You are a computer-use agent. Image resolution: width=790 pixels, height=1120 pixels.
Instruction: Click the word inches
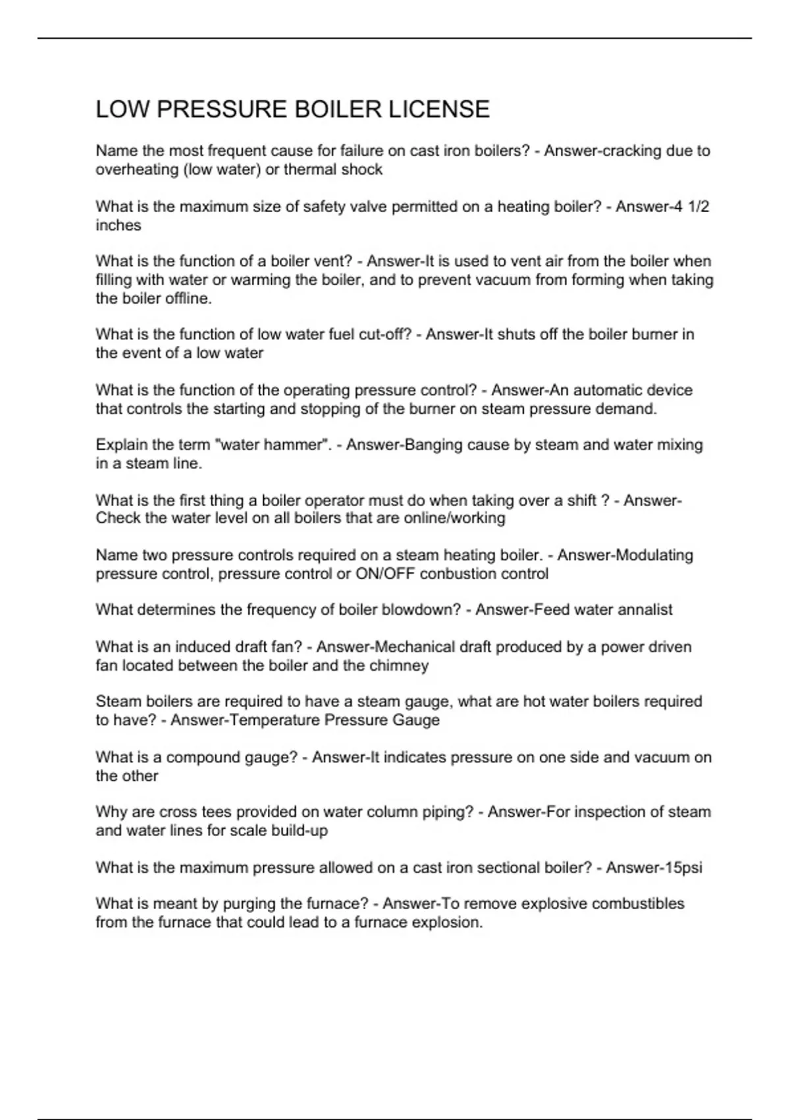[x=118, y=225]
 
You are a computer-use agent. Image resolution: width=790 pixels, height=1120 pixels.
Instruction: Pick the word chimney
[x=398, y=665]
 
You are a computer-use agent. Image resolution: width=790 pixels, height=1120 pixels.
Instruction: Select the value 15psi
[x=683, y=868]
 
